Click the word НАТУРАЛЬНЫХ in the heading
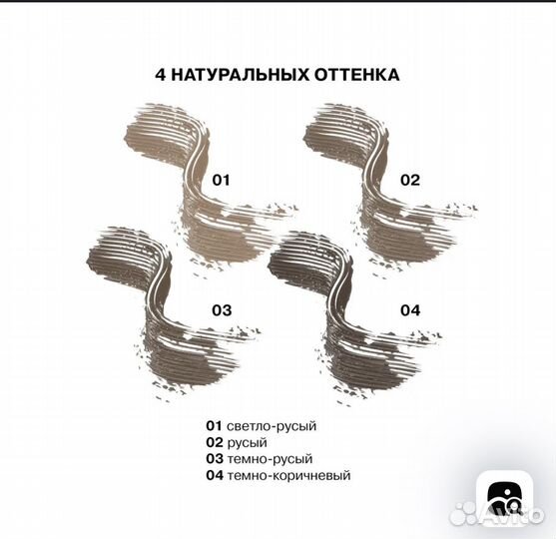pos(240,75)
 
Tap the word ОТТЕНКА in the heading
pos(356,75)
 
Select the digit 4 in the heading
pos(161,75)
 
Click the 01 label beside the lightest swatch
pos(221,180)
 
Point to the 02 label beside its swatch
pos(410,180)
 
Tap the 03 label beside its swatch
pos(222,310)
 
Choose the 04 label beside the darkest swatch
pos(410,310)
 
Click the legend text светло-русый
pos(272,426)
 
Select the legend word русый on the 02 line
pos(248,443)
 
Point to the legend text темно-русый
pos(270,459)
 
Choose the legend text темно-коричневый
pos(288,475)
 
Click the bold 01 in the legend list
pos(214,426)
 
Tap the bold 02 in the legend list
pos(215,442)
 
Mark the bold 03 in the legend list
pos(215,459)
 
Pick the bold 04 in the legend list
pos(215,475)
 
